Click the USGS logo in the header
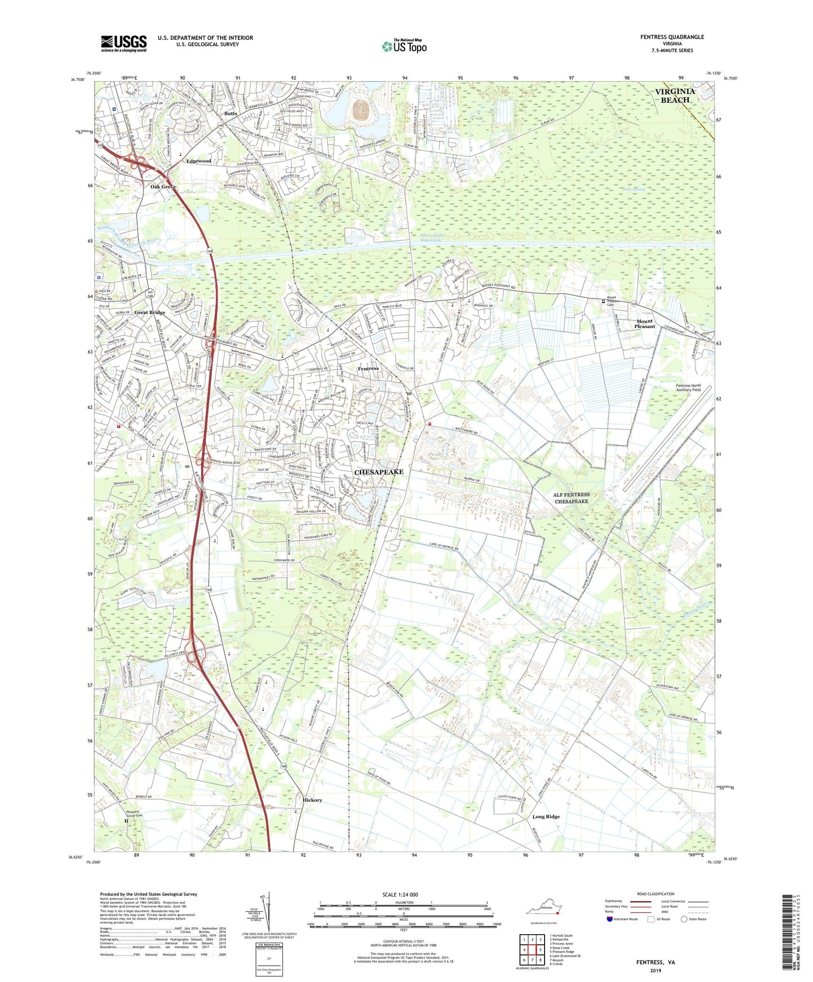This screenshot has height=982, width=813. pyautogui.click(x=124, y=43)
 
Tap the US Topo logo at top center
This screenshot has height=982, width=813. pyautogui.click(x=404, y=46)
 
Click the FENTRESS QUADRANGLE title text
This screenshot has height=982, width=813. pyautogui.click(x=672, y=37)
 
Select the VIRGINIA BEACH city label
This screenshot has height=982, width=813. pyautogui.click(x=675, y=96)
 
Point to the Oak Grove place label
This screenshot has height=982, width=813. pyautogui.click(x=163, y=187)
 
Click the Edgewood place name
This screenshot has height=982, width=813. pyautogui.click(x=199, y=161)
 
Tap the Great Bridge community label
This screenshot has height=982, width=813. pyautogui.click(x=150, y=313)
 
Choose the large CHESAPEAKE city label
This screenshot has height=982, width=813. pyautogui.click(x=379, y=472)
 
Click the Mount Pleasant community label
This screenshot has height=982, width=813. pyautogui.click(x=645, y=324)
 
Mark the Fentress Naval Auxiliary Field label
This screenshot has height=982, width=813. pyautogui.click(x=688, y=388)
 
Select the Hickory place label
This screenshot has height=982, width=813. pyautogui.click(x=312, y=800)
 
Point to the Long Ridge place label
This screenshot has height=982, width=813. pyautogui.click(x=546, y=816)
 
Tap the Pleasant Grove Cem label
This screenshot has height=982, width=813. pyautogui.click(x=134, y=814)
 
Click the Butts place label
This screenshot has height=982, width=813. pyautogui.click(x=231, y=114)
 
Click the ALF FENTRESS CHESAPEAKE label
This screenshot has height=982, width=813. pyautogui.click(x=572, y=498)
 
